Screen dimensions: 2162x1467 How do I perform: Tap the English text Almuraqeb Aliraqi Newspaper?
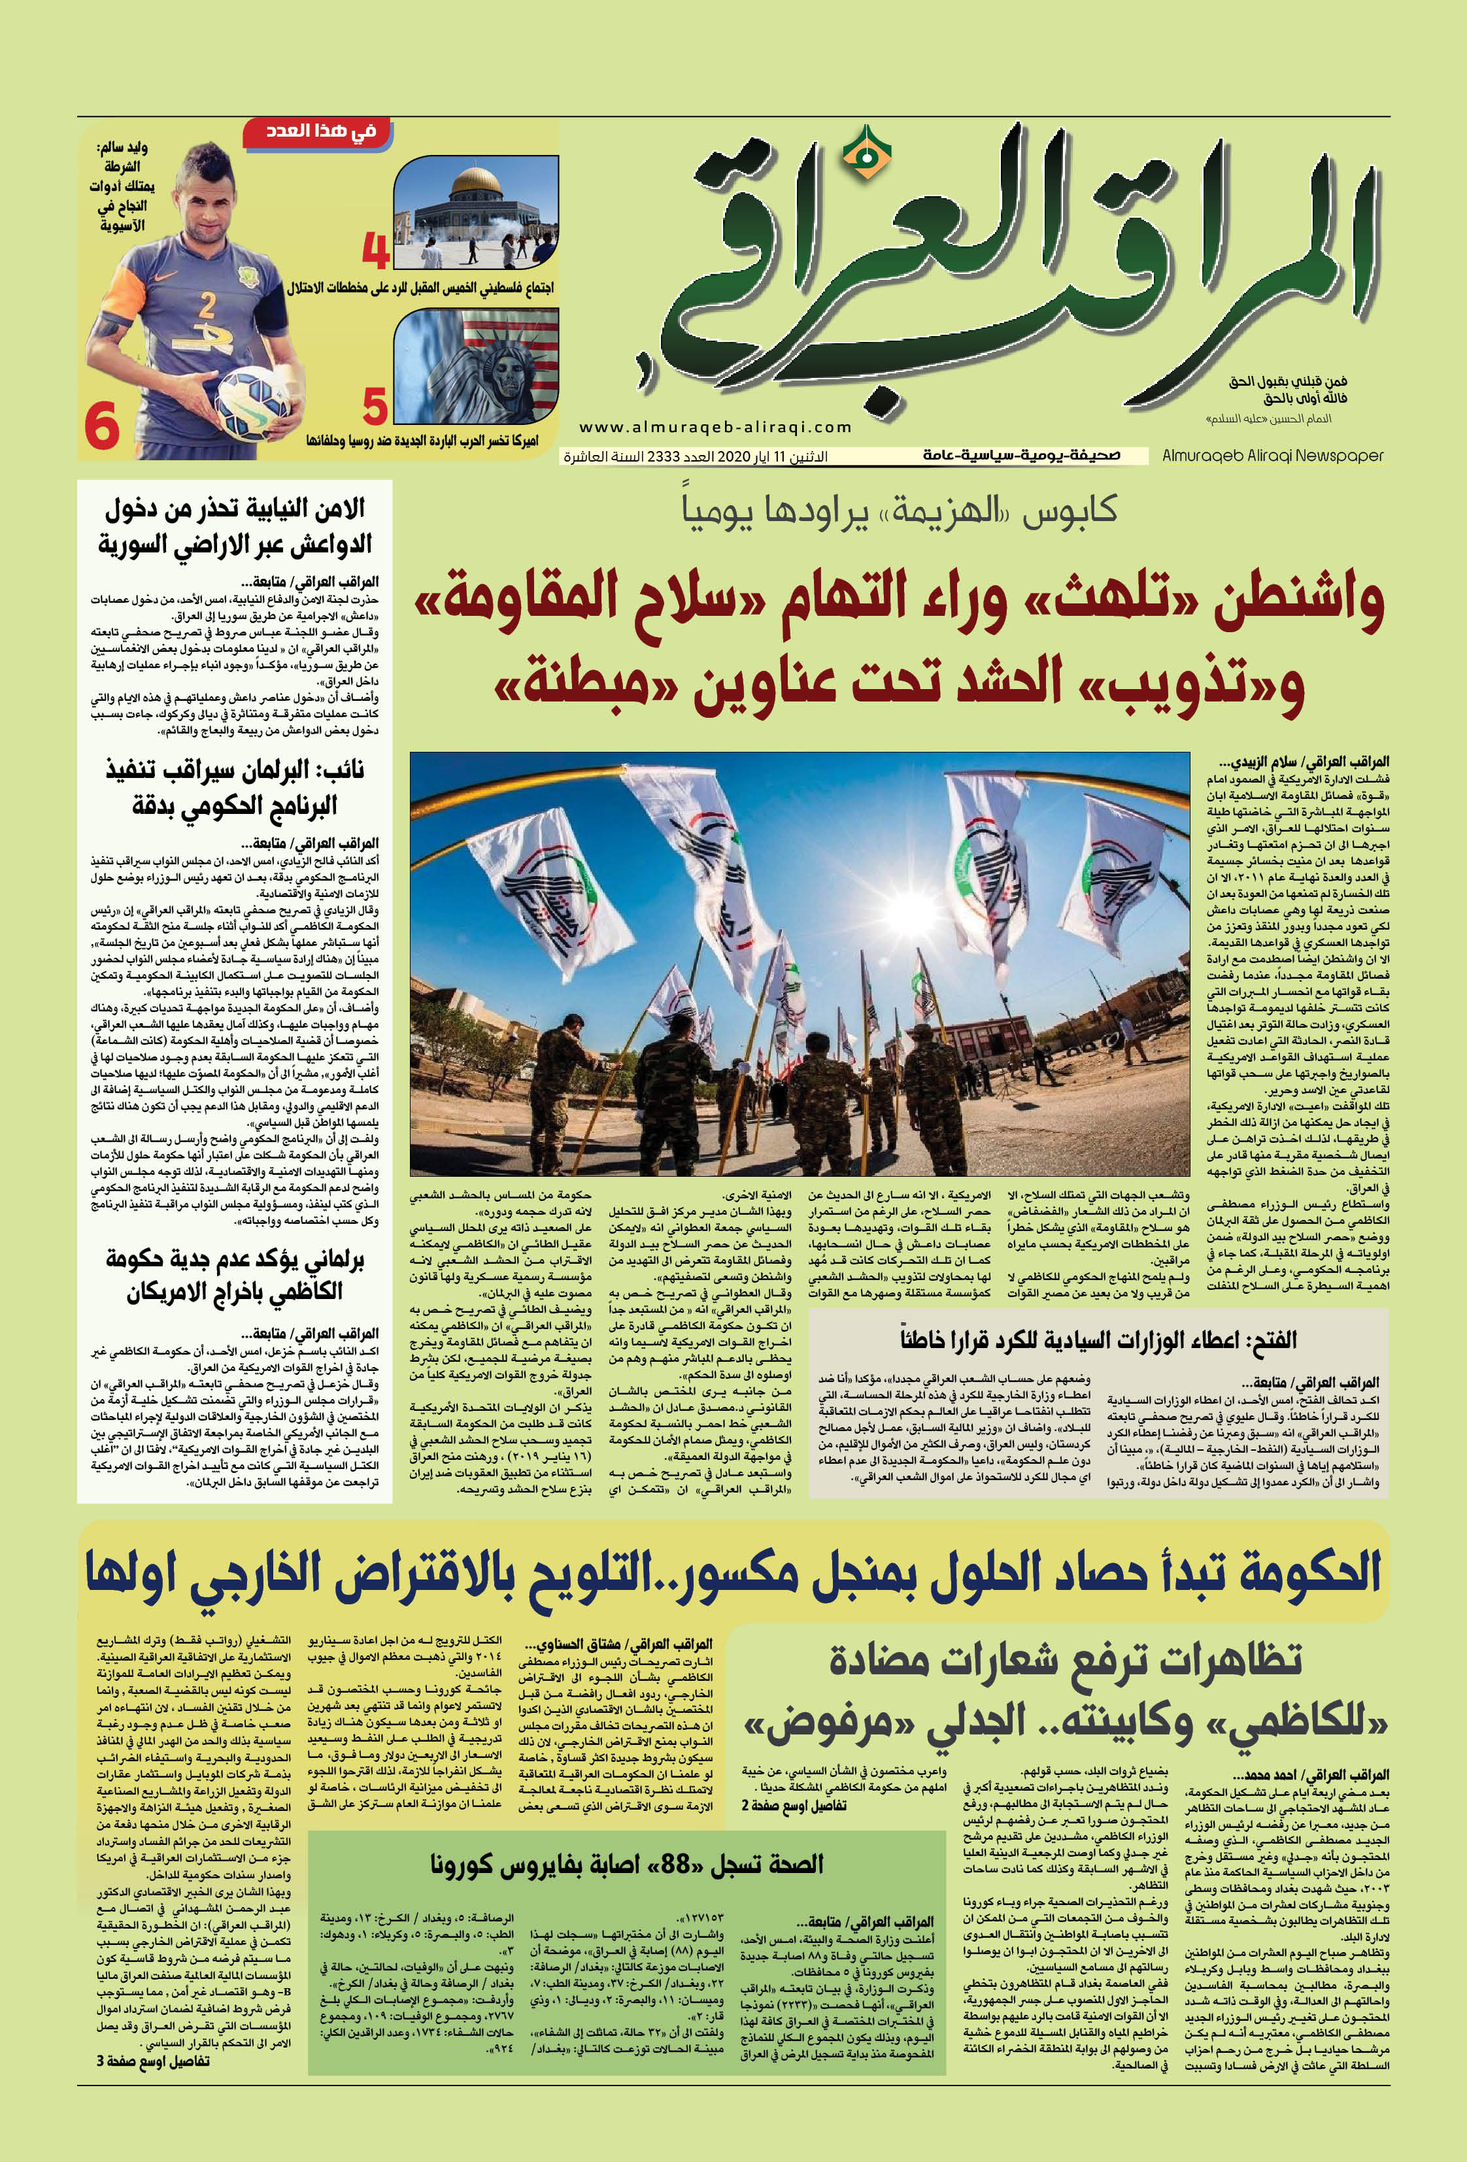(x=1273, y=456)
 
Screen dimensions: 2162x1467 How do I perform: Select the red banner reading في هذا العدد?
(x=310, y=133)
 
